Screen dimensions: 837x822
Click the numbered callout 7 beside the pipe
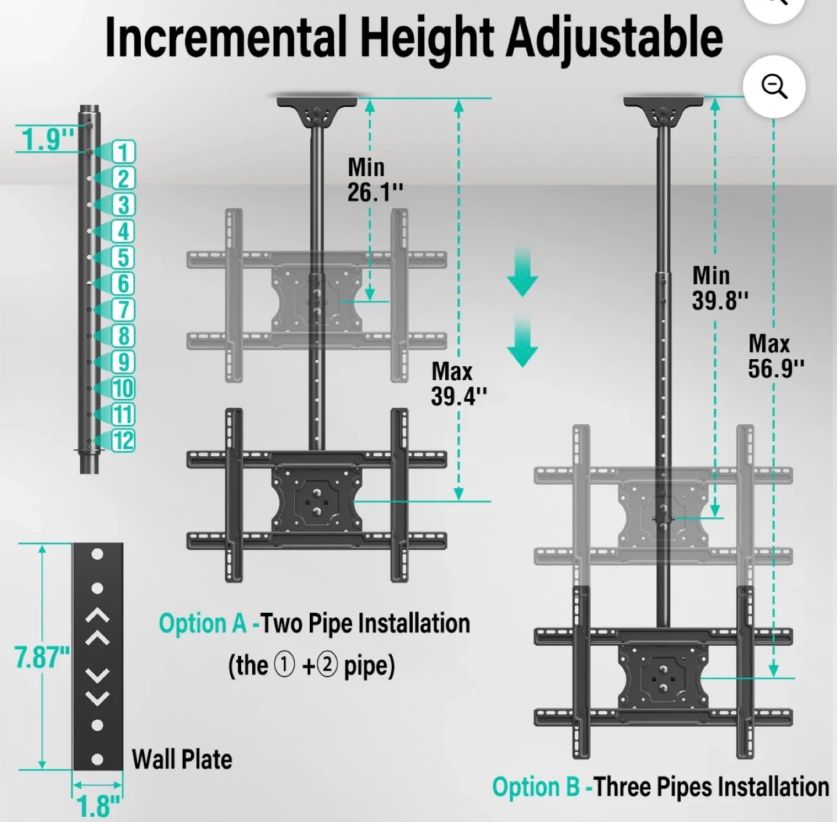pyautogui.click(x=123, y=310)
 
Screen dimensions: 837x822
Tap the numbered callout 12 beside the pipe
pyautogui.click(x=123, y=441)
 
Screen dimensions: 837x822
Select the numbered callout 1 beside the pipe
pyautogui.click(x=124, y=152)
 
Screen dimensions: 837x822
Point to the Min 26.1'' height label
pyautogui.click(x=375, y=180)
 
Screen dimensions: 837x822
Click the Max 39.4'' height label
pyautogui.click(x=459, y=384)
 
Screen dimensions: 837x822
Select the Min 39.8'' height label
pyautogui.click(x=720, y=288)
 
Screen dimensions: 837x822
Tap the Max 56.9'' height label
pyautogui.click(x=776, y=356)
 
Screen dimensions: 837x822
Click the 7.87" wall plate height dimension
pyautogui.click(x=42, y=657)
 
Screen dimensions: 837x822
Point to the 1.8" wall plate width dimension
pyautogui.click(x=98, y=806)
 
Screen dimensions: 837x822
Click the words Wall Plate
pyautogui.click(x=182, y=759)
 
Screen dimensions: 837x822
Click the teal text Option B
pyautogui.click(x=536, y=787)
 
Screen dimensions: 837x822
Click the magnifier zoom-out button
pyautogui.click(x=774, y=87)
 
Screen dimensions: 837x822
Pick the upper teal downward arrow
pyautogui.click(x=523, y=271)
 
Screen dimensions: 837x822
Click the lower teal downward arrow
pyautogui.click(x=523, y=342)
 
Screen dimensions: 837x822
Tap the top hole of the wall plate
pyautogui.click(x=97, y=554)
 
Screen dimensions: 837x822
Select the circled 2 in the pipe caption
pyautogui.click(x=327, y=665)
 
